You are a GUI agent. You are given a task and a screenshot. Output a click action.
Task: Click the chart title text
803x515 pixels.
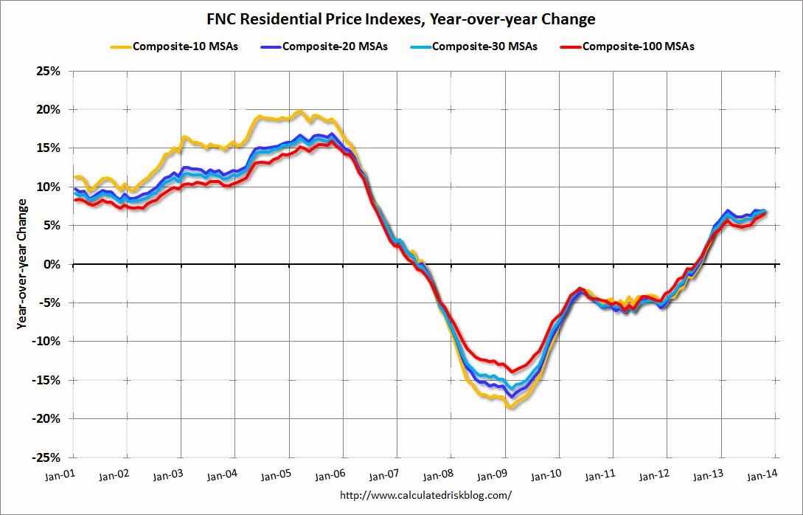point(401,18)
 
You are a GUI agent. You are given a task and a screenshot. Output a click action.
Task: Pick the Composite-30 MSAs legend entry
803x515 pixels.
point(475,46)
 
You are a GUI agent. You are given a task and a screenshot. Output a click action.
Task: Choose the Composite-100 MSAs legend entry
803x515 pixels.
point(628,46)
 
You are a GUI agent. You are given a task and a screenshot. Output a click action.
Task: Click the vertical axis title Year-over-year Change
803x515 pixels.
point(24,263)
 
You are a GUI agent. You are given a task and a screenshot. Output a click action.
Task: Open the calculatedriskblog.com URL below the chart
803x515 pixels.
point(425,496)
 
